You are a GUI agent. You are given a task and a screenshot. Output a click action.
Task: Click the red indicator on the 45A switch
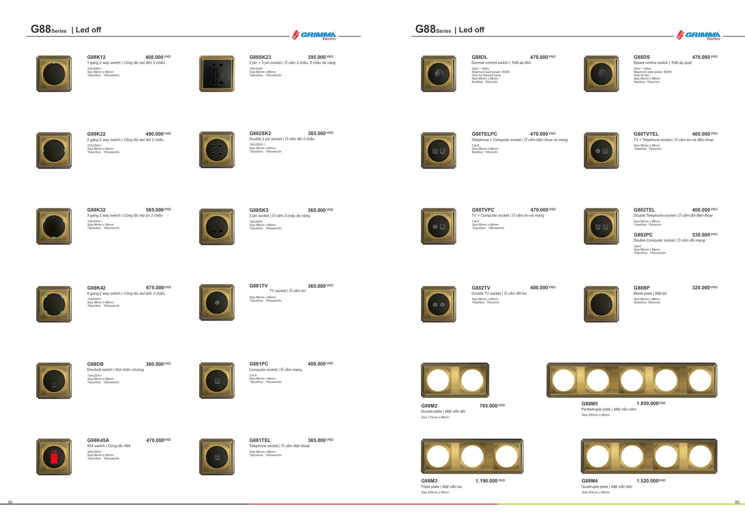(x=54, y=457)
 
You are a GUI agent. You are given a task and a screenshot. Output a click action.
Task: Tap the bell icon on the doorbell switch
(x=54, y=386)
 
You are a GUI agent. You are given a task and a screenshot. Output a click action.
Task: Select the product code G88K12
(x=96, y=57)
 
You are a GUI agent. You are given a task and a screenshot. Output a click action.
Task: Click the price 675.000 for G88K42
(x=155, y=287)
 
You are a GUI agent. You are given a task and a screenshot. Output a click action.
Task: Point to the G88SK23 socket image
(x=217, y=74)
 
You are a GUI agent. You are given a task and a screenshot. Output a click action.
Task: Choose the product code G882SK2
(x=260, y=133)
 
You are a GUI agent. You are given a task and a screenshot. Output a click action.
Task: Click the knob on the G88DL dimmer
(x=438, y=74)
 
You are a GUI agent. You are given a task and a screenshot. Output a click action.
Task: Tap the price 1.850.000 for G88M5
(x=647, y=404)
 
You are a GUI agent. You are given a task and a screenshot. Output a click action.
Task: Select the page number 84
(x=11, y=502)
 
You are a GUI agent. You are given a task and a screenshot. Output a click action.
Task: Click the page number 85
(x=737, y=502)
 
